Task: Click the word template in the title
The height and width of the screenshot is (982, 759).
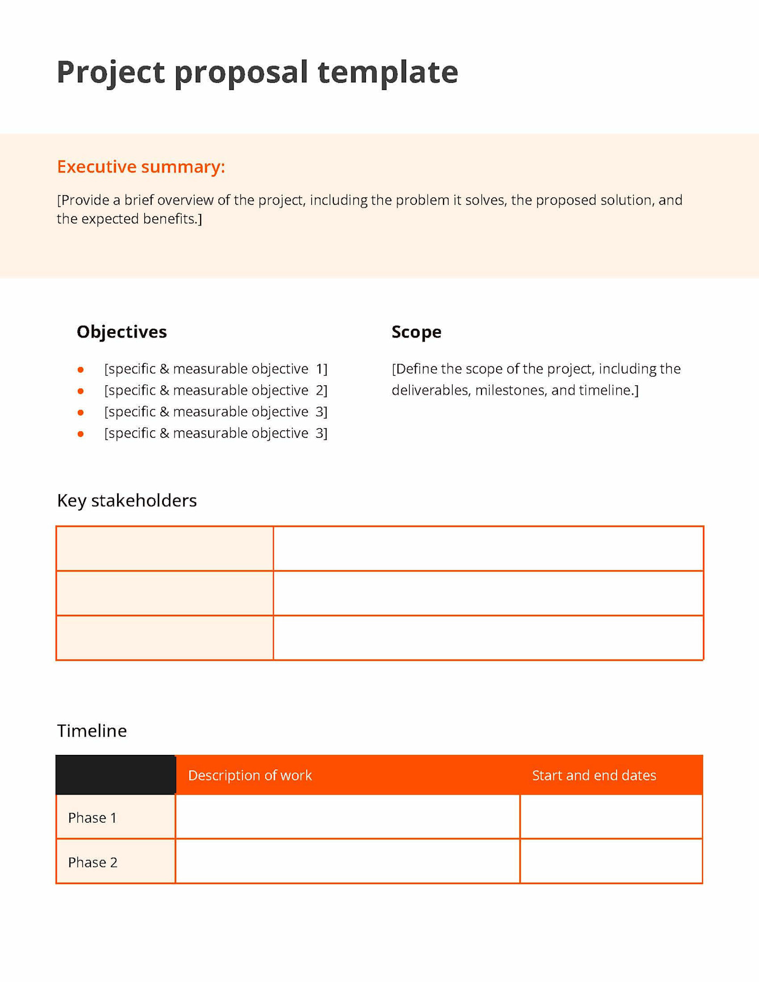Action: [388, 72]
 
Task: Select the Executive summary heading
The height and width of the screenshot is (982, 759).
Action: [141, 166]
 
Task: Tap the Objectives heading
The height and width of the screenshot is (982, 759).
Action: [121, 332]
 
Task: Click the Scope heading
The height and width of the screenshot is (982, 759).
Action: [416, 332]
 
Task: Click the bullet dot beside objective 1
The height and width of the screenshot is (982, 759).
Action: [80, 370]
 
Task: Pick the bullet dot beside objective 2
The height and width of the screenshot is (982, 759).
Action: [80, 391]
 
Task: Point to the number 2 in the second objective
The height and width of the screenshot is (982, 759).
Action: [320, 390]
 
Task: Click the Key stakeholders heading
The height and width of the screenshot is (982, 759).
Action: [127, 500]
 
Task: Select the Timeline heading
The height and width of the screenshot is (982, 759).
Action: [92, 731]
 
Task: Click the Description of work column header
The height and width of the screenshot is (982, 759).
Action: [250, 775]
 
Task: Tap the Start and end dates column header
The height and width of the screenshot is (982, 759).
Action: [594, 775]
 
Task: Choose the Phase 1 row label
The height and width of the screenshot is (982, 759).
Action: [92, 817]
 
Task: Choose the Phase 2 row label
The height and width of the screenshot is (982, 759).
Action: [93, 862]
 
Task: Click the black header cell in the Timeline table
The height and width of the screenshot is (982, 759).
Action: [115, 774]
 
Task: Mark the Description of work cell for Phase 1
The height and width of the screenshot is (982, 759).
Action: [348, 817]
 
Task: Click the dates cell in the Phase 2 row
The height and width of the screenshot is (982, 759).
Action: [611, 861]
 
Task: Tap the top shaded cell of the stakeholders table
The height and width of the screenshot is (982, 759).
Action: [164, 548]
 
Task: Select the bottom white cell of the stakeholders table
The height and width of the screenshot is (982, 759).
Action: [488, 637]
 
